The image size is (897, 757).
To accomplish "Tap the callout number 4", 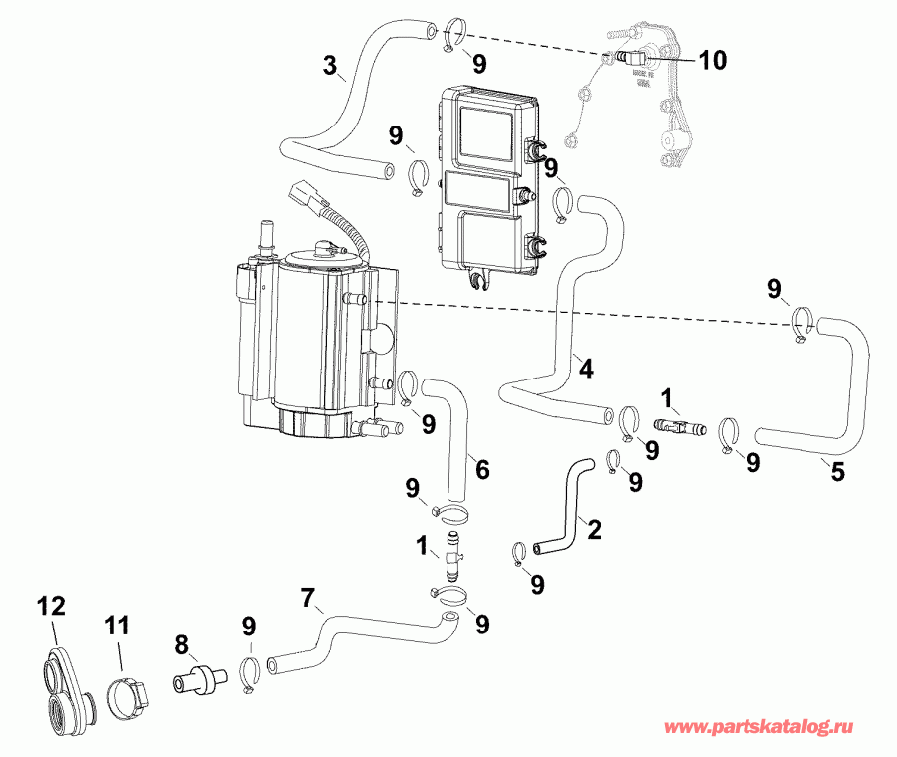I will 586,368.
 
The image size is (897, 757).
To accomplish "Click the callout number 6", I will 482,468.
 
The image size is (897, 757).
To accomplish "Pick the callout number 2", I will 594,530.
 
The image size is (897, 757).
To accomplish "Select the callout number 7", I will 309,599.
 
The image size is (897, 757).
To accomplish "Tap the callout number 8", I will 180,644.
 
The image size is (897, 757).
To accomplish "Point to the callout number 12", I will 51,605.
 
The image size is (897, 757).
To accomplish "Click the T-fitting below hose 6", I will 453,553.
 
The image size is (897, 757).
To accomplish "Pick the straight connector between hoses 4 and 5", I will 678,426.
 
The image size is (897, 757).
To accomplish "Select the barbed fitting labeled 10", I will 625,57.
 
